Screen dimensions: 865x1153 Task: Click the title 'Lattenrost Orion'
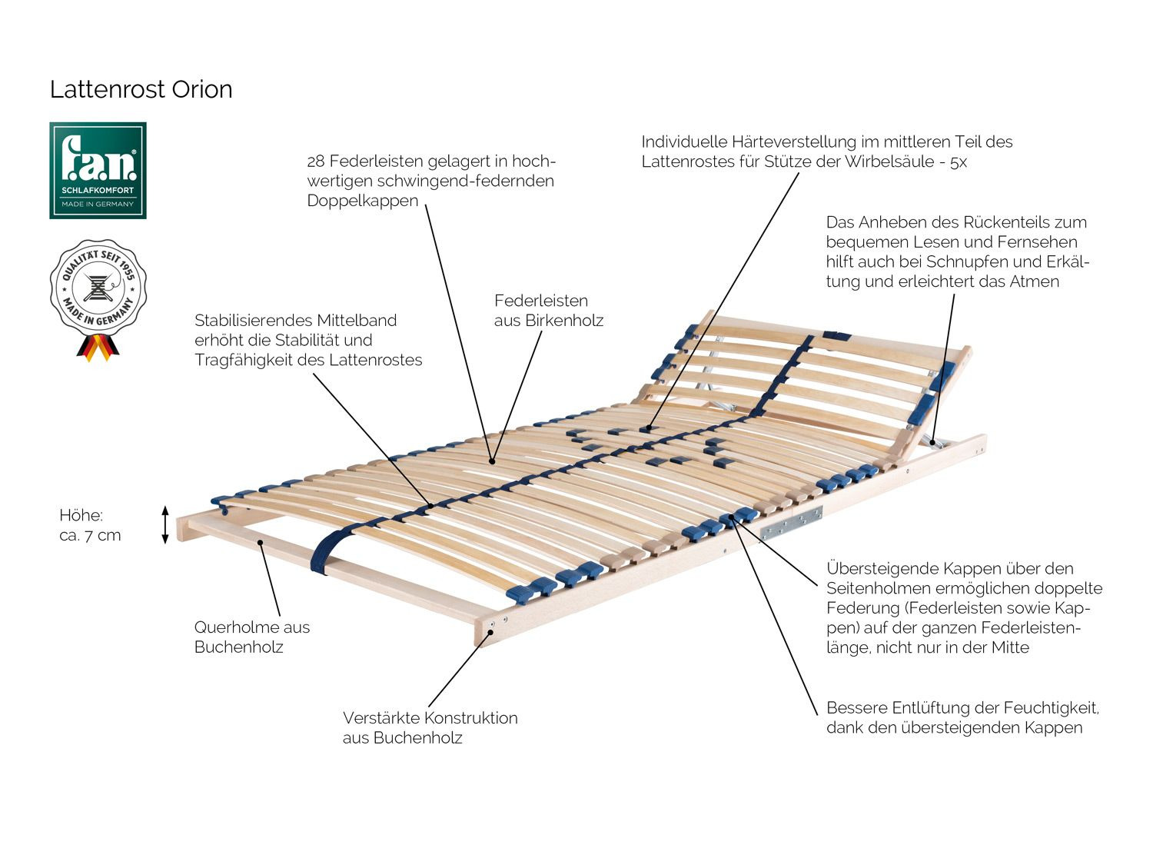(141, 89)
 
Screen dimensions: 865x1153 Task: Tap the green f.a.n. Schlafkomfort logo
(98, 170)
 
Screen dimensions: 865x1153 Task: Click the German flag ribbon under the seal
(97, 348)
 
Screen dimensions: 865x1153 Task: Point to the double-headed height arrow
(164, 524)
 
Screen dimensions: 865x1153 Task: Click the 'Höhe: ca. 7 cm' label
(90, 525)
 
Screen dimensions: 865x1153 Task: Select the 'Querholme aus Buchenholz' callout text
(251, 637)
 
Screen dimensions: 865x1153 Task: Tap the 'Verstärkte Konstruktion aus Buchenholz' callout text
(430, 727)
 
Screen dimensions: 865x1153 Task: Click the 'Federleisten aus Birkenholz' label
(548, 310)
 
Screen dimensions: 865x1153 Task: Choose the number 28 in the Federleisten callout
(316, 161)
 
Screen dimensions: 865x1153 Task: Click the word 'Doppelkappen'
(363, 201)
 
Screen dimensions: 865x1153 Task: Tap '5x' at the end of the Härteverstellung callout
(958, 162)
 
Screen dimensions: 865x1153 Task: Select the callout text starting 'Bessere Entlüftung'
(962, 717)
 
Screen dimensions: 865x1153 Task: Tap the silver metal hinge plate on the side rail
(791, 522)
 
